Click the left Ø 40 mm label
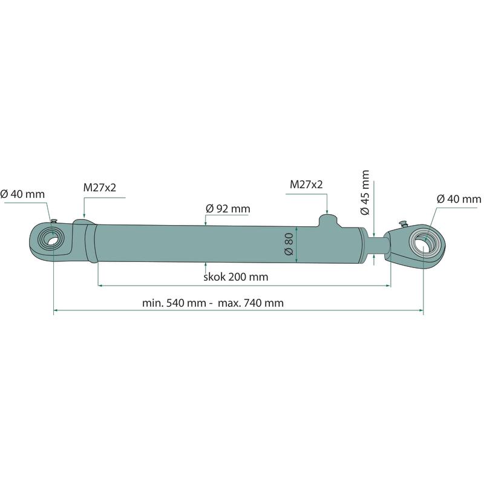pyautogui.click(x=22, y=194)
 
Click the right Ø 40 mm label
pyautogui.click(x=459, y=199)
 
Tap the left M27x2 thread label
pyautogui.click(x=100, y=188)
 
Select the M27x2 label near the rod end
pyautogui.click(x=306, y=185)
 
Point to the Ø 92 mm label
pyautogui.click(x=228, y=209)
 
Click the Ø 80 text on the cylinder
pyautogui.click(x=289, y=244)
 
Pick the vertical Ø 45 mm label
pyautogui.click(x=365, y=192)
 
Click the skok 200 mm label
pyautogui.click(x=236, y=277)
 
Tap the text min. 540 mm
pyautogui.click(x=174, y=303)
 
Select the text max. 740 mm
pyautogui.click(x=250, y=303)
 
